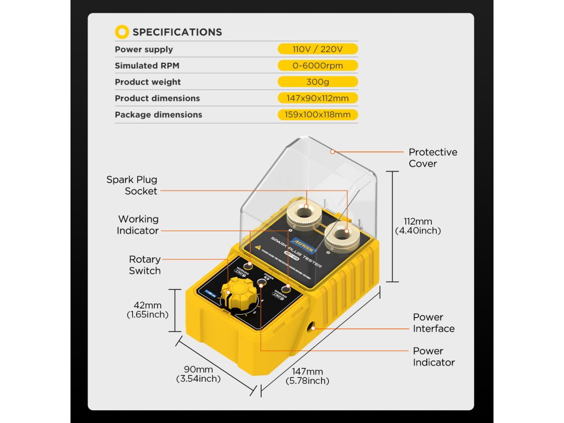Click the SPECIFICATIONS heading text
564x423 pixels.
pyautogui.click(x=177, y=32)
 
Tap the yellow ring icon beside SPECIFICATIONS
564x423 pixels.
pyautogui.click(x=122, y=32)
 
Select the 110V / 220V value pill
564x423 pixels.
pyautogui.click(x=318, y=49)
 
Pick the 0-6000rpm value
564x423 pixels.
pyautogui.click(x=318, y=66)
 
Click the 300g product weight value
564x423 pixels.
pyautogui.click(x=318, y=82)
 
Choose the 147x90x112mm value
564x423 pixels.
pyautogui.click(x=318, y=98)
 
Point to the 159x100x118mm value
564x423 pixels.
pyautogui.click(x=318, y=115)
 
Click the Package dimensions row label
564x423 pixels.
pyautogui.click(x=158, y=115)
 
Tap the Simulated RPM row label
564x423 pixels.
pyautogui.click(x=147, y=66)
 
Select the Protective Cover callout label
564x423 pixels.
pyautogui.click(x=432, y=158)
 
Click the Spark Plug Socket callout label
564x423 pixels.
pyautogui.click(x=132, y=185)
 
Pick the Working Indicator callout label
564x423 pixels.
pyautogui.click(x=138, y=225)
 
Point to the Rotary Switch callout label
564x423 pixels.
pyautogui.click(x=145, y=265)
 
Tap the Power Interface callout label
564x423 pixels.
pyautogui.click(x=433, y=323)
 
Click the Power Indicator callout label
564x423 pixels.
pyautogui.click(x=433, y=356)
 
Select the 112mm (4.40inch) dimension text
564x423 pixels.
pyautogui.click(x=418, y=226)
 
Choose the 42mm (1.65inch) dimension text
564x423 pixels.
pyautogui.click(x=148, y=310)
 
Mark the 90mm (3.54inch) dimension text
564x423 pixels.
pyautogui.click(x=198, y=374)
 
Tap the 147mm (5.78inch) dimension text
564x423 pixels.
pyautogui.click(x=307, y=376)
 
